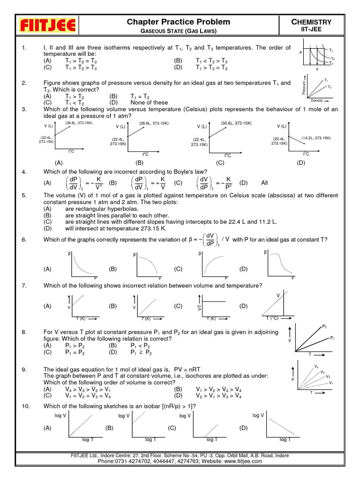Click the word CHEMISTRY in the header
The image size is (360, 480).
tap(312, 22)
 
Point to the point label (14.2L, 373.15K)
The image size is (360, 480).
tap(316, 138)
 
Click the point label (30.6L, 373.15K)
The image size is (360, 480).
tap(236, 123)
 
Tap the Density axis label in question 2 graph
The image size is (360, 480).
tap(317, 101)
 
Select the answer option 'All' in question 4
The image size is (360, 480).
tap(265, 183)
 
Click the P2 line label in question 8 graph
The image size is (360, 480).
tap(324, 326)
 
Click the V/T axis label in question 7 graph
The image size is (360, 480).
tap(199, 307)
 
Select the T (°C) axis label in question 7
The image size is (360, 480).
tap(273, 318)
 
